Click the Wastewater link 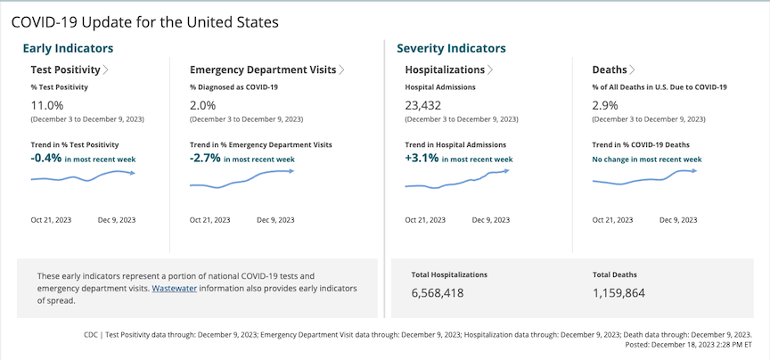pos(176,289)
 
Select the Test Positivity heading pos(65,70)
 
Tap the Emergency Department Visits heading pos(263,70)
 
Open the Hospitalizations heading pos(445,70)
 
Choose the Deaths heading pos(610,70)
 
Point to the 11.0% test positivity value pos(46,105)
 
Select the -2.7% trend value pos(205,158)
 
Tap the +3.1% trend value pos(421,158)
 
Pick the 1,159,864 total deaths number pos(618,292)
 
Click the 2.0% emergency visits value pos(202,105)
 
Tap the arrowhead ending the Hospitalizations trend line pos(506,170)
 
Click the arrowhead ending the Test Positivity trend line pos(133,173)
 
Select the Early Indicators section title pos(68,48)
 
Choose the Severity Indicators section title pos(451,48)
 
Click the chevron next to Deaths pos(633,70)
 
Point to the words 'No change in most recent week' pos(647,160)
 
